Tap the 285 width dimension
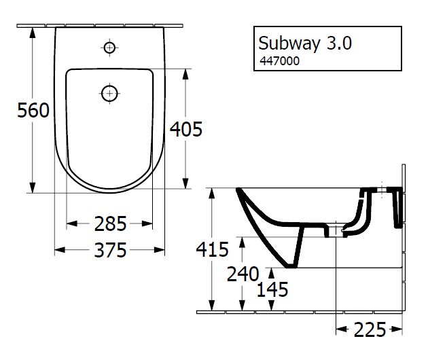tap(109, 223)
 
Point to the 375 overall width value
tap(109, 251)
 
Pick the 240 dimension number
tap(243, 274)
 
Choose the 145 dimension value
tap(272, 289)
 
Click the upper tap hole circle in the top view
tap(109, 48)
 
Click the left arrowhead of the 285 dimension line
tap(70, 223)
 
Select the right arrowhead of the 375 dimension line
tap(161, 251)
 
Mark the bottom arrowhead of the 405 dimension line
tap(185, 186)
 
